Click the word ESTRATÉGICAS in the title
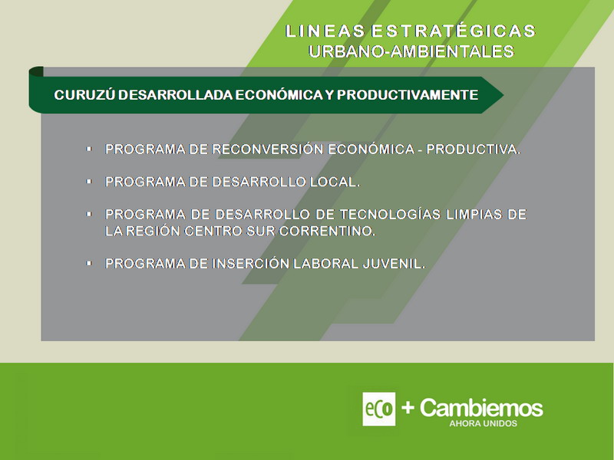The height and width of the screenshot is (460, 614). click(454, 31)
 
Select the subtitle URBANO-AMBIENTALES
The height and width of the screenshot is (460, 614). click(411, 51)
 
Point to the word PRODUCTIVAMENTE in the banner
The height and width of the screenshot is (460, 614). click(408, 94)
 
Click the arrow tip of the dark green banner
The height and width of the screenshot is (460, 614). click(503, 94)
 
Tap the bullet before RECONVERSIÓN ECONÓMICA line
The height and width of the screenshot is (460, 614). click(89, 149)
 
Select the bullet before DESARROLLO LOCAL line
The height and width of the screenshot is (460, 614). click(89, 182)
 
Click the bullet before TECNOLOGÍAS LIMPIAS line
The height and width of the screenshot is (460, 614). click(89, 214)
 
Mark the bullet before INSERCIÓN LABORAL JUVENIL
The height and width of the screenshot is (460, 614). click(89, 263)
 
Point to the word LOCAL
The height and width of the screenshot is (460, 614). click(335, 182)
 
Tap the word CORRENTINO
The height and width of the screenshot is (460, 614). click(328, 231)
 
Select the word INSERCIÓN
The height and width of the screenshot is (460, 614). click(251, 263)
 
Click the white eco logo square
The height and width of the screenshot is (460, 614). click(378, 409)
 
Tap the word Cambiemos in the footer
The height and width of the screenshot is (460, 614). click(481, 408)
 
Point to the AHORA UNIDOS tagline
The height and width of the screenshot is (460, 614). click(484, 423)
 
